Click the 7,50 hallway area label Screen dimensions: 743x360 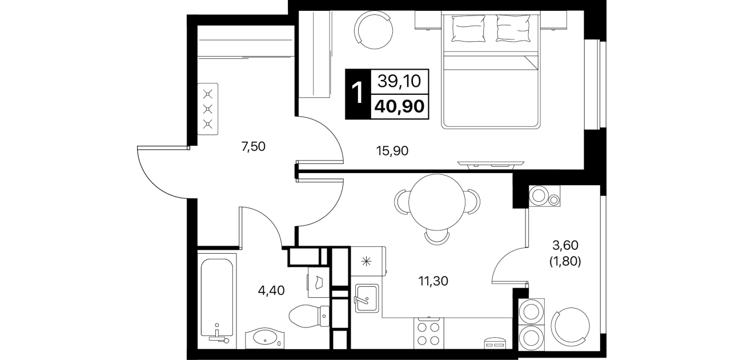click(x=254, y=146)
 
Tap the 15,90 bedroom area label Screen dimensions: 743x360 click(x=392, y=151)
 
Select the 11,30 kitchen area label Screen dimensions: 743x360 click(x=433, y=281)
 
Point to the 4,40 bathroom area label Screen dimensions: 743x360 click(x=271, y=291)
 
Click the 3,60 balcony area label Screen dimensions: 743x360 click(x=565, y=246)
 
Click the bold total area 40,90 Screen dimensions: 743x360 click(x=400, y=106)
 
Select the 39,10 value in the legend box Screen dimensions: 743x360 click(x=399, y=81)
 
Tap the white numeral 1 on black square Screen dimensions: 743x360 click(x=358, y=94)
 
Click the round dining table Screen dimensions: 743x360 click(x=437, y=202)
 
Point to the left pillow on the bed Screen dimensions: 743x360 click(x=468, y=29)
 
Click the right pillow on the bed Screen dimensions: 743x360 click(x=512, y=29)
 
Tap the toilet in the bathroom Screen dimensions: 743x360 click(x=309, y=316)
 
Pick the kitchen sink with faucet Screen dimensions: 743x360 click(x=367, y=298)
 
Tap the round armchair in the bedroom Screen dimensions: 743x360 click(x=373, y=30)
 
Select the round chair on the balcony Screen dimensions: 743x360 click(x=571, y=326)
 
